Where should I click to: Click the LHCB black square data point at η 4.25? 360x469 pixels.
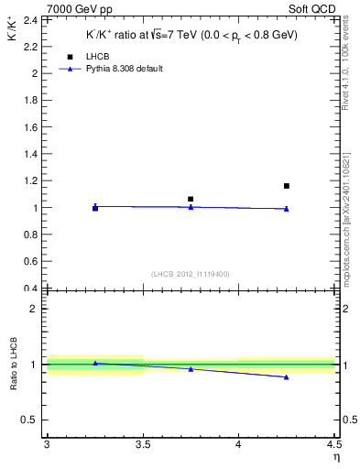[287, 186]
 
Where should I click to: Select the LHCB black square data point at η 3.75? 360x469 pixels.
[191, 199]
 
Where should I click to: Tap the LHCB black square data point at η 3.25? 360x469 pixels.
[95, 208]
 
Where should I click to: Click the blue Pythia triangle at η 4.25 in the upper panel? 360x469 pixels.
[287, 209]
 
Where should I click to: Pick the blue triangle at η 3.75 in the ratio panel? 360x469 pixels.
[191, 369]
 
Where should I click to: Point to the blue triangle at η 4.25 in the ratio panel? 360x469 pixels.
[287, 377]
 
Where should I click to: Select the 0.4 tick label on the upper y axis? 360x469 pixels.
[30, 289]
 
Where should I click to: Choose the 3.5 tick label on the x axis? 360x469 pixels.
[143, 446]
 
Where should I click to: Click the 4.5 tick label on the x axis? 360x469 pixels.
[333, 446]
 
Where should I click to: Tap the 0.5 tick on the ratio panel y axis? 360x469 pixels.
[30, 420]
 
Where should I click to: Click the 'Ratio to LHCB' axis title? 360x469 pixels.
[14, 365]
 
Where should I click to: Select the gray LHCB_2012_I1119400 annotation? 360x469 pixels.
[191, 274]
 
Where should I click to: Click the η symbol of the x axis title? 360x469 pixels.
[335, 458]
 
